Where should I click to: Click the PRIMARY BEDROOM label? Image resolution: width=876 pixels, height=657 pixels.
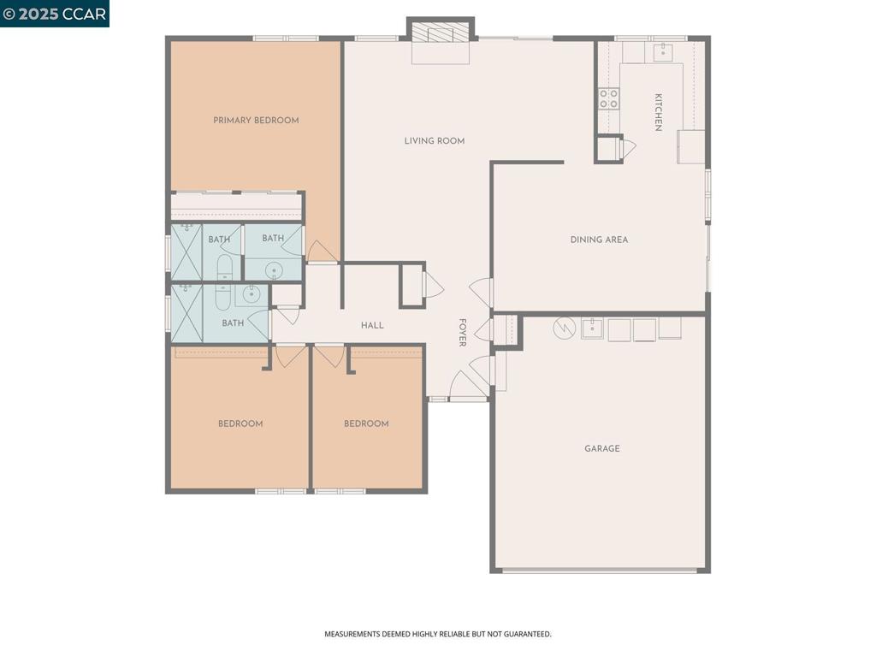coord(256,121)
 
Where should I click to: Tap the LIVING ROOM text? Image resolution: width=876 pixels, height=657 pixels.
coord(435,141)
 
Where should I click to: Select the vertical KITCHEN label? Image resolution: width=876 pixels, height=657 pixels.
coord(658,112)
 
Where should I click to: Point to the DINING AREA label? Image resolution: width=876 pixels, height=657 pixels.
coord(599,240)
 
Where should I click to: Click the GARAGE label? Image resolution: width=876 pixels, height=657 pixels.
coord(602,448)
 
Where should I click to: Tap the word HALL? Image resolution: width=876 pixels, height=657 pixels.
coord(372,325)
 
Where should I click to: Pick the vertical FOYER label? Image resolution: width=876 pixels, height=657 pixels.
coord(462,333)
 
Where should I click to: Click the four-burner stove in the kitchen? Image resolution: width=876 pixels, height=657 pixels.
coord(608,98)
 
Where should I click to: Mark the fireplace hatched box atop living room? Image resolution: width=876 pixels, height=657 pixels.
coord(440,33)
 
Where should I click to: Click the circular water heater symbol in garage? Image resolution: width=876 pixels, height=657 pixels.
coord(565,328)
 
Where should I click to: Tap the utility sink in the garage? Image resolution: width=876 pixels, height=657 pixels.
coord(592,328)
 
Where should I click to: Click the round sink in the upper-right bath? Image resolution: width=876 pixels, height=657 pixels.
coord(275,270)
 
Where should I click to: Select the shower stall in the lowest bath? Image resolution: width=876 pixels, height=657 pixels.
coord(186,315)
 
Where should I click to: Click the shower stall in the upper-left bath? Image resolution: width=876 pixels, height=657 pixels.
coord(186,252)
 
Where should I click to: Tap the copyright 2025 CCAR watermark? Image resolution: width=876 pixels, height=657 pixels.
coord(55,14)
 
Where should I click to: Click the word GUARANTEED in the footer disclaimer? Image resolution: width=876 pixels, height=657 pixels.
coord(528,634)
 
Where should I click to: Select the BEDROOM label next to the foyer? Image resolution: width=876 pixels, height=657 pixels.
coord(366,423)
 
